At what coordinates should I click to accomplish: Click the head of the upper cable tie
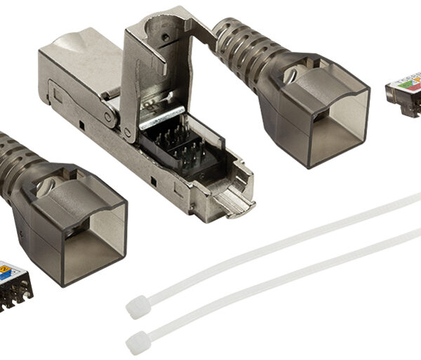point(135,306)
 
